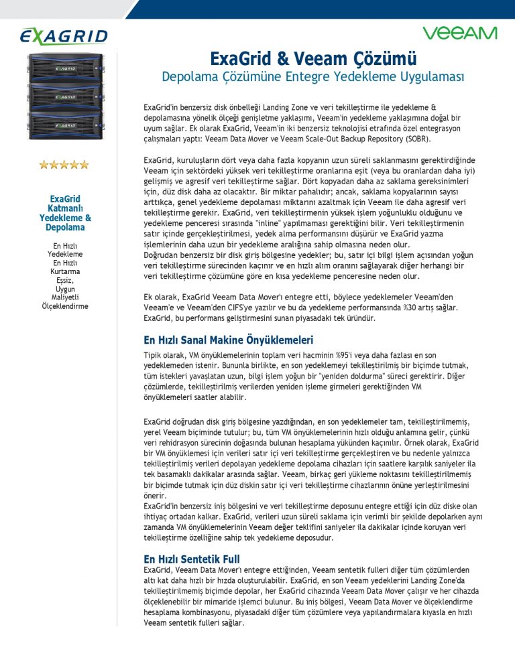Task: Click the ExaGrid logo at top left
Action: (x=64, y=36)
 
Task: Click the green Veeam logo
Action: (x=459, y=33)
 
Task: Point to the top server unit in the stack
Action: (x=65, y=67)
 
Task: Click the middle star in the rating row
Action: (x=64, y=164)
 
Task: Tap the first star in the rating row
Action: (x=44, y=164)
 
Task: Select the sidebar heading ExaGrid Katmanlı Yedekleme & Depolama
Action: (x=65, y=213)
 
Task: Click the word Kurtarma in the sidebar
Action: (x=65, y=271)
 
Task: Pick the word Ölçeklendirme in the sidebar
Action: (x=65, y=306)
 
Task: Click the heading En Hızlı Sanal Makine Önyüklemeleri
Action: (x=229, y=340)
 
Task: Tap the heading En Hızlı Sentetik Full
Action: (x=192, y=558)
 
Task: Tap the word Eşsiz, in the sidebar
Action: (x=65, y=280)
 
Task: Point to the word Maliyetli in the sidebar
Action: (x=65, y=297)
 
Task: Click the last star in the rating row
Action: (x=84, y=164)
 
